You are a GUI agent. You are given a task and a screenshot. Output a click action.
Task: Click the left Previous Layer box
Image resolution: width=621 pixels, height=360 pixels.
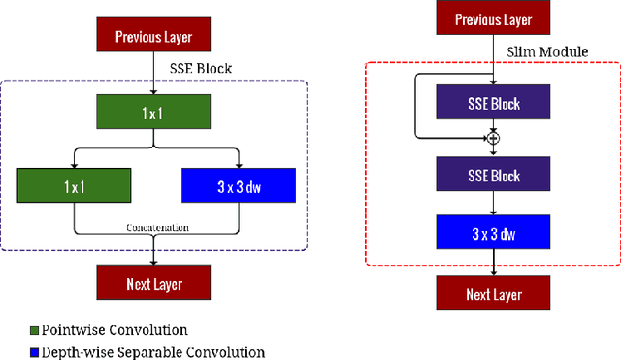coord(154,37)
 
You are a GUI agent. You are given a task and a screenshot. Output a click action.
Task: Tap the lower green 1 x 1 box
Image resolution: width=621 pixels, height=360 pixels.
coord(74,183)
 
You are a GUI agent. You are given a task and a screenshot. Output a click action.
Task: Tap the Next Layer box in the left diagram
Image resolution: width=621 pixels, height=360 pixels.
coord(154,283)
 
